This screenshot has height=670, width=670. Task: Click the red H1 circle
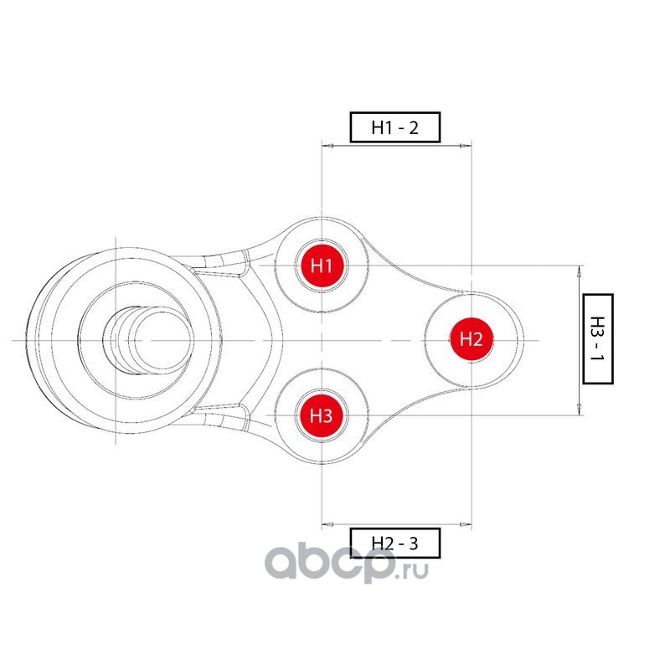pos(322,267)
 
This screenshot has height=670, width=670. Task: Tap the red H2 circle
pos(472,339)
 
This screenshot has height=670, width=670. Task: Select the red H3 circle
pos(322,415)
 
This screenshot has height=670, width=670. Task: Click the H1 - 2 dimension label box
pos(394,127)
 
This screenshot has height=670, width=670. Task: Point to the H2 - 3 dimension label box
pos(394,544)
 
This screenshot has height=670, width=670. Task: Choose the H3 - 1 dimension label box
pos(598,338)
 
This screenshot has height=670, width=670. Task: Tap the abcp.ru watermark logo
pos(347,566)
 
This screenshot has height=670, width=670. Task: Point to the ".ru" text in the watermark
pos(413,571)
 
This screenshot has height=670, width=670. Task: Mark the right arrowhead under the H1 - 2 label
pos(465,147)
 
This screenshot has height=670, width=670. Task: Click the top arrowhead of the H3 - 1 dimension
pos(580,271)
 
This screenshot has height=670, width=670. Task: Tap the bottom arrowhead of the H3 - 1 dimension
pos(580,410)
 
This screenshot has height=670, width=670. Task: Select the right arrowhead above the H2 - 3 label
pos(465,524)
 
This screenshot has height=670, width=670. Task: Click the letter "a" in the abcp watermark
pos(282,567)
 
